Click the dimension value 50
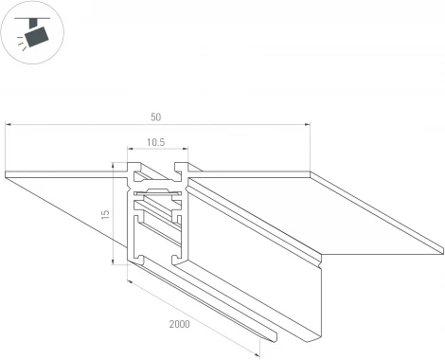(155, 117)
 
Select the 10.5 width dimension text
(155, 142)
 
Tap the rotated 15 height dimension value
(105, 214)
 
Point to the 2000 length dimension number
(180, 324)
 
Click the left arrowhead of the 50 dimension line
(9, 125)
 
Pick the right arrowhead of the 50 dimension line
(307, 125)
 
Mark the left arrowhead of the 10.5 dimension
(131, 148)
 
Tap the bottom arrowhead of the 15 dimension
(113, 261)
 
